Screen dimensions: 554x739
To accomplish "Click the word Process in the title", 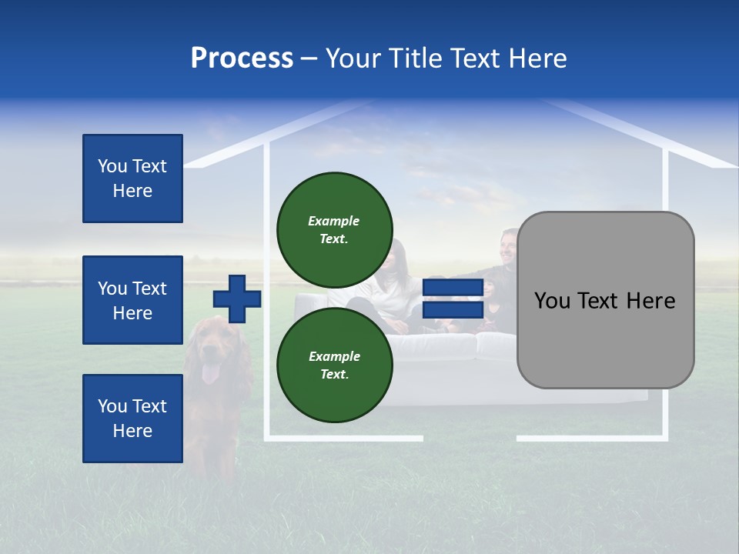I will point(242,58).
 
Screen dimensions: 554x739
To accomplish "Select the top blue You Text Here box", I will point(132,179).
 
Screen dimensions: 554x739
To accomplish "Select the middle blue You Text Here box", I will point(132,300).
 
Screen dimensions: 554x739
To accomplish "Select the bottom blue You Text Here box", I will point(132,419).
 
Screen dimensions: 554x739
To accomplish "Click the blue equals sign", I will point(453,299).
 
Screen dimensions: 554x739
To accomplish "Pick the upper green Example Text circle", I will point(335,229).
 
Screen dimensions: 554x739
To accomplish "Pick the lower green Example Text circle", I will point(335,365).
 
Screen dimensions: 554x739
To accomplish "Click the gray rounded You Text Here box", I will point(605,300).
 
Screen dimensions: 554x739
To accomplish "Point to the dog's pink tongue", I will point(209,375).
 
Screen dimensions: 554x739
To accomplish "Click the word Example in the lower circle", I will point(334,356).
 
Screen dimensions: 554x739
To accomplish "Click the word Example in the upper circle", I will point(334,221).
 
